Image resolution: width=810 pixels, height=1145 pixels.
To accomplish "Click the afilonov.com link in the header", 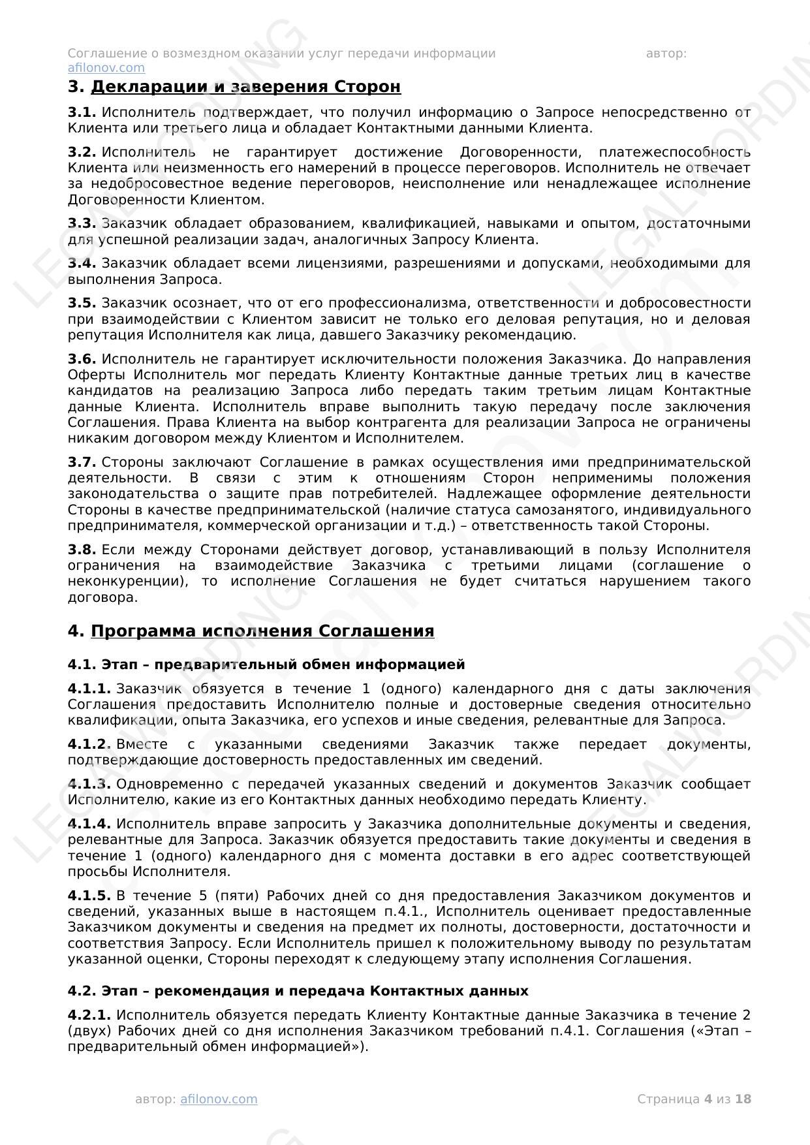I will [106, 68].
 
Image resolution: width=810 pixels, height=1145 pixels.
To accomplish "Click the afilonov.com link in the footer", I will [219, 1099].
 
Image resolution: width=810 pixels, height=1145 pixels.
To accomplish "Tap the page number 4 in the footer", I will [708, 1099].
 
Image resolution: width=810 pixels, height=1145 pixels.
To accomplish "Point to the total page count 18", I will [743, 1099].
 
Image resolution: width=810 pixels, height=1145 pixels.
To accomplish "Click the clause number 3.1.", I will [82, 113].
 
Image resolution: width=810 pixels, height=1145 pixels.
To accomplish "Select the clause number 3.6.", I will [82, 359].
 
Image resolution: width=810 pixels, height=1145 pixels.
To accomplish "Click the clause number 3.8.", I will [82, 550].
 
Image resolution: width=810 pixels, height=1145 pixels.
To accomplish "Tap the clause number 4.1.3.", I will [89, 784].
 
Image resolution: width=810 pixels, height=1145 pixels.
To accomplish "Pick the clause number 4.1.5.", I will [89, 896].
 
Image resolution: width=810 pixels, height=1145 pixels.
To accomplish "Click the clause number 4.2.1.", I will [89, 1015].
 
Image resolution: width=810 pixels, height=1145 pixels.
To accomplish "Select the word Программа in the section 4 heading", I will [144, 631].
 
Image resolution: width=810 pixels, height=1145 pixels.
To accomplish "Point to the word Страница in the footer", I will [668, 1099].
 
